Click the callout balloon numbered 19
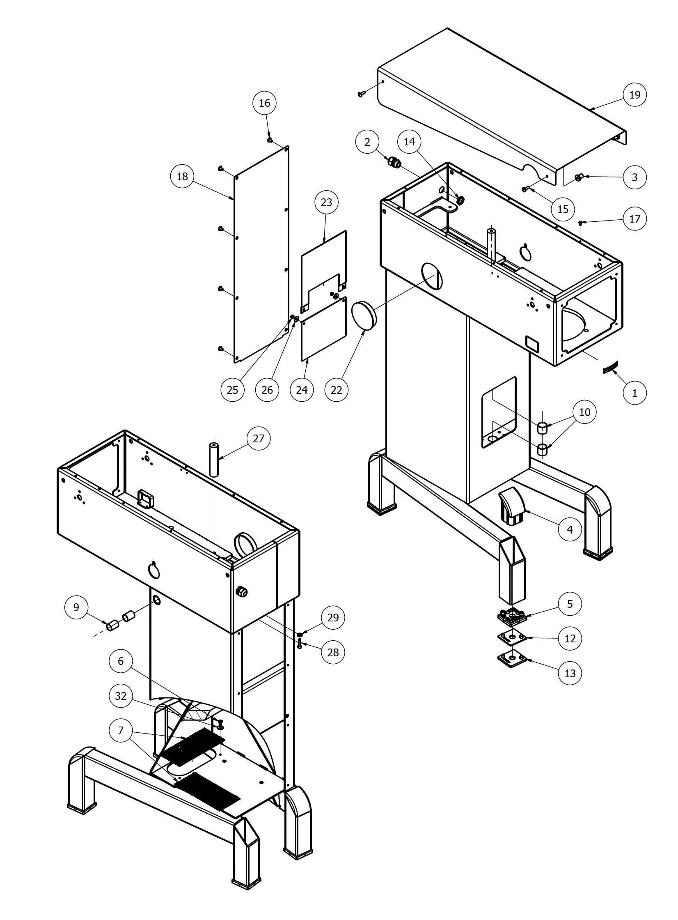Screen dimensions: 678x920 (634, 95)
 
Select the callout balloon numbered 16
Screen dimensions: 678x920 (264, 103)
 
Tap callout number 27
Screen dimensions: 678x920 (259, 439)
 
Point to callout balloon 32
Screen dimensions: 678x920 (121, 696)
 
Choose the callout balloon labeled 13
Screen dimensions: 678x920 (570, 673)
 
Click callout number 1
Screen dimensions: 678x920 (634, 393)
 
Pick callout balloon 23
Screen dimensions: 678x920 (326, 202)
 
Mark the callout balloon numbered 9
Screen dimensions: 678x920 (76, 607)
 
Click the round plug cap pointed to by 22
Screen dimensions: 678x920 (364, 315)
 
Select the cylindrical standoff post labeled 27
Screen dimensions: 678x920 (214, 459)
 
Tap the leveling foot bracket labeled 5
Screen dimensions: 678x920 (512, 616)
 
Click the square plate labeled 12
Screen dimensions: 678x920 (512, 638)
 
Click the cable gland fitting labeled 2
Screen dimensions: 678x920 (394, 163)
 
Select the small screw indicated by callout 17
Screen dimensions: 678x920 (580, 223)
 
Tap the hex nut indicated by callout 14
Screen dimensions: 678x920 (460, 200)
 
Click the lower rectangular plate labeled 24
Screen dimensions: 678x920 (324, 329)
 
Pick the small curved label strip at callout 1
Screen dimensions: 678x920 (611, 368)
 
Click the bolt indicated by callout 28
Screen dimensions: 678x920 (300, 644)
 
